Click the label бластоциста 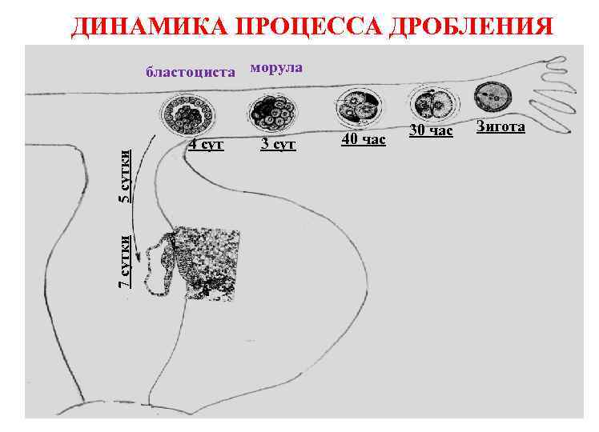[191, 73]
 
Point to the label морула [276, 67]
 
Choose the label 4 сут [206, 145]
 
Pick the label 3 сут [279, 145]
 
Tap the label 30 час [431, 130]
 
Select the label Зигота [501, 126]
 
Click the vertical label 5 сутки [126, 175]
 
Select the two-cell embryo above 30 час [432, 102]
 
